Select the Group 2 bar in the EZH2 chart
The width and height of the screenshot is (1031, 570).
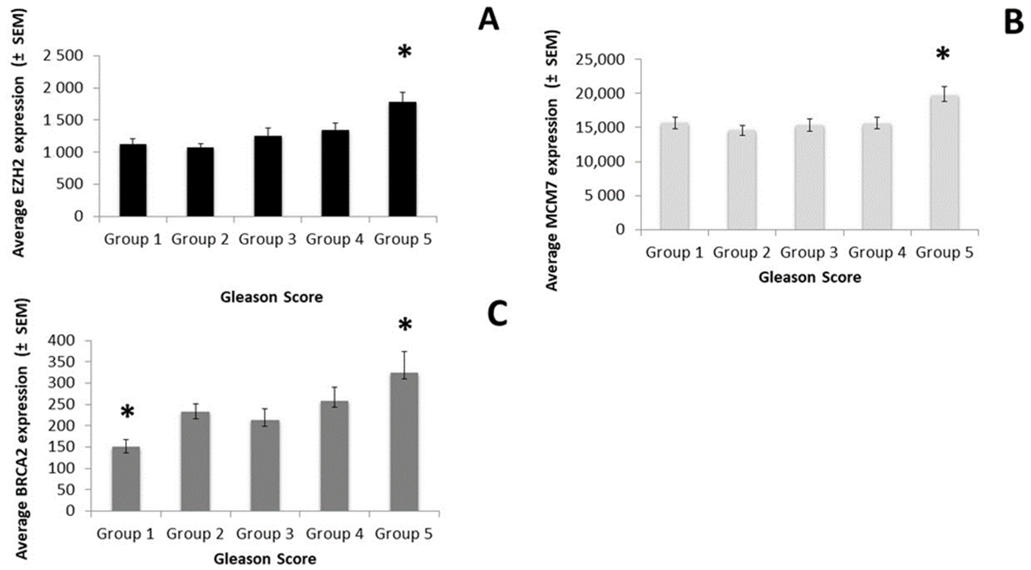[x=200, y=182]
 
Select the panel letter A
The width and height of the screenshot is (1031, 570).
[x=489, y=20]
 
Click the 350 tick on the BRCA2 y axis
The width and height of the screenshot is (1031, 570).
[x=61, y=362]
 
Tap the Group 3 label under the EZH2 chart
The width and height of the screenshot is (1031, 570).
[x=267, y=239]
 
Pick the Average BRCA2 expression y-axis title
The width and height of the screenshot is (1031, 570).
[x=22, y=430]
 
